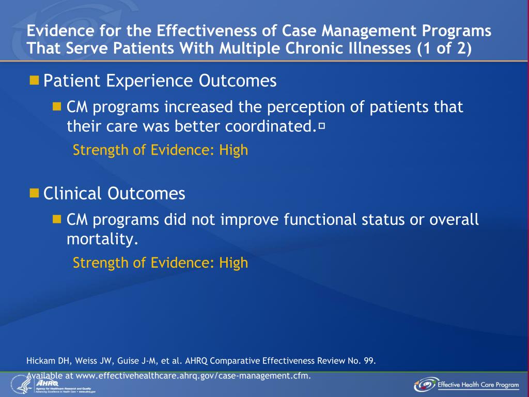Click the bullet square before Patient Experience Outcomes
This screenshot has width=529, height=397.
tap(35, 80)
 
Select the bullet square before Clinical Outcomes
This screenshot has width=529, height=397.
tap(35, 193)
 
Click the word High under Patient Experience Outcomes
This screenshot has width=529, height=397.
tap(234, 150)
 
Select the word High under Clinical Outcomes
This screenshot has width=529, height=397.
tap(234, 263)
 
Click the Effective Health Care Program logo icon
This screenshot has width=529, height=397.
tap(424, 385)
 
